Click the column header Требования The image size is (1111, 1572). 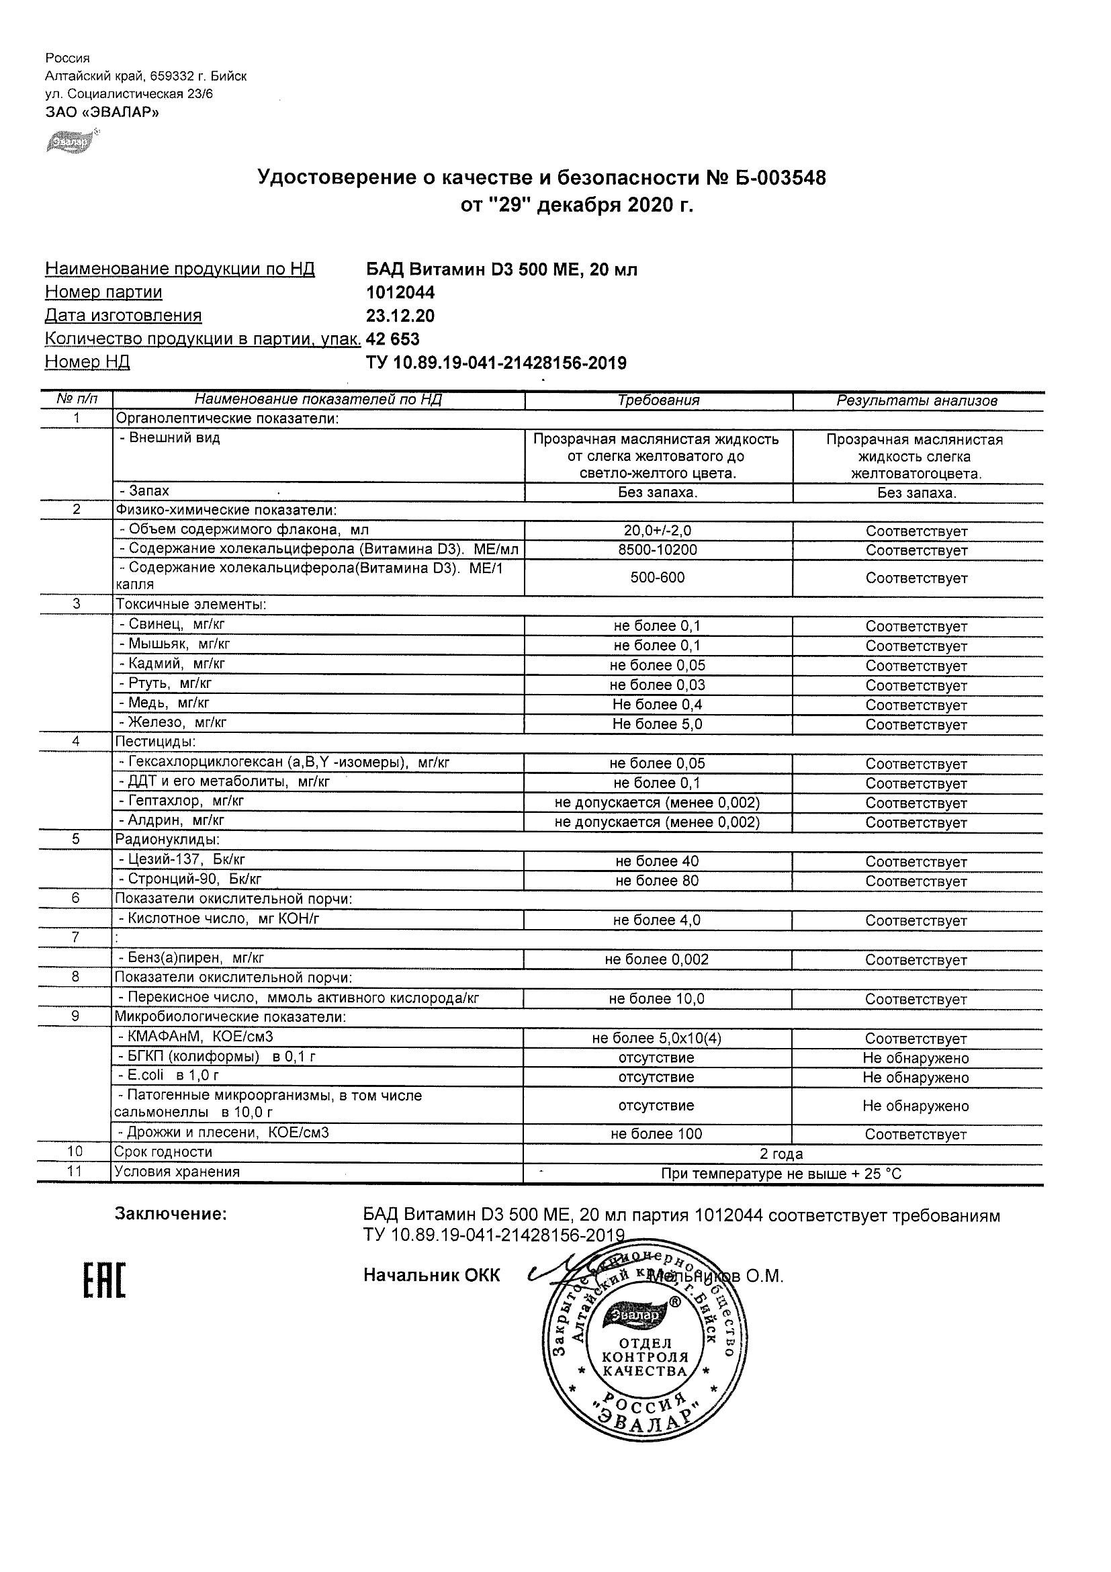(x=658, y=400)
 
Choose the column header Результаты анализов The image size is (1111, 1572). (x=917, y=401)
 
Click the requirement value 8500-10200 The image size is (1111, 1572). (x=657, y=550)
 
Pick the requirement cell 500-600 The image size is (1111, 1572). (x=657, y=578)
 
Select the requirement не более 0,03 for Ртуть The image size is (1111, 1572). (x=657, y=685)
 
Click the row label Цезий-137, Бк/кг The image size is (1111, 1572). (x=181, y=860)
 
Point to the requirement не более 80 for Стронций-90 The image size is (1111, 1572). (x=657, y=881)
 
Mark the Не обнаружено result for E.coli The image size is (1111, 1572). (x=916, y=1078)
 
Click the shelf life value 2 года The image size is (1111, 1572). (x=781, y=1154)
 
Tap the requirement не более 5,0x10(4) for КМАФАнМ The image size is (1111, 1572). (x=657, y=1039)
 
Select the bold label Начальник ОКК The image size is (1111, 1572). (x=432, y=1275)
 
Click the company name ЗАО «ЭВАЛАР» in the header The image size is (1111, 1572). (x=102, y=112)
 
